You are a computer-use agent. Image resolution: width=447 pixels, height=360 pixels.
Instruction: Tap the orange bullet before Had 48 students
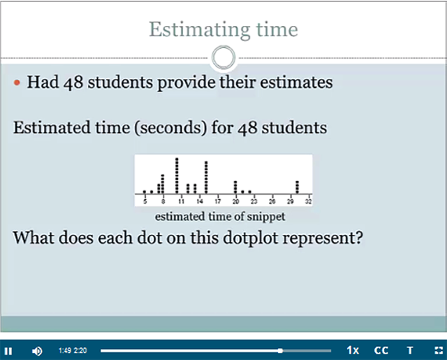click(17, 82)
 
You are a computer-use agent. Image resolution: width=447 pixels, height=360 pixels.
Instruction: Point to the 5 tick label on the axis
click(145, 201)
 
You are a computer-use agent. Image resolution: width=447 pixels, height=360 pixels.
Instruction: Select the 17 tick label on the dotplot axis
click(218, 201)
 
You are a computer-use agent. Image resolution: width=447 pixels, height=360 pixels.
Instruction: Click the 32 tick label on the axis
click(309, 201)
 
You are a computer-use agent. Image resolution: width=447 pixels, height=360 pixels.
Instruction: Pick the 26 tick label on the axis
click(272, 201)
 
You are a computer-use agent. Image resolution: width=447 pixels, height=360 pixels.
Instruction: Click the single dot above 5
click(145, 192)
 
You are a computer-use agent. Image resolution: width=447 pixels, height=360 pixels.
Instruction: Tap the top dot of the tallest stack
click(177, 159)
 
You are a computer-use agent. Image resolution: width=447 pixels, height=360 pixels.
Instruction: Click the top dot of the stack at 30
click(298, 182)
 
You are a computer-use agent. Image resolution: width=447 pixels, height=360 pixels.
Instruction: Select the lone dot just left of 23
click(250, 192)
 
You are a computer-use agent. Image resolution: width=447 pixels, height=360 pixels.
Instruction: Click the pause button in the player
click(8, 351)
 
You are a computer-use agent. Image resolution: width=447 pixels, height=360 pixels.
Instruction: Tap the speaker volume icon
click(37, 351)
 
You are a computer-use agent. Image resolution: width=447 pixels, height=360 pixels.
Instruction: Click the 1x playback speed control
click(353, 350)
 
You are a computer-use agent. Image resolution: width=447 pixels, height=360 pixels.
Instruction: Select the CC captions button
click(381, 350)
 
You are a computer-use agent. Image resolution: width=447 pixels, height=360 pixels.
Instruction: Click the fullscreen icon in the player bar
click(439, 350)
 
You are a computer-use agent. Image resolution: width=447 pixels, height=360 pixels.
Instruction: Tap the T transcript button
click(410, 350)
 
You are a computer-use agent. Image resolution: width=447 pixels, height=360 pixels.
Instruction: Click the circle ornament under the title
click(223, 47)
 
